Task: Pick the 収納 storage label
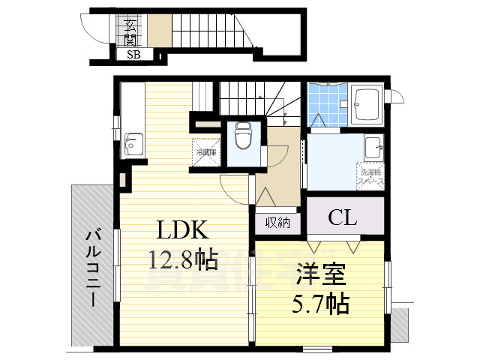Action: coord(277,222)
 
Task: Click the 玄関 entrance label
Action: coord(130,30)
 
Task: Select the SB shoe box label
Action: coord(133,55)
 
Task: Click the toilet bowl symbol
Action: coord(242,136)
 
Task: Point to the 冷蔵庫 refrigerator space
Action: coord(206,152)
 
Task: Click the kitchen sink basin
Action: coord(133,142)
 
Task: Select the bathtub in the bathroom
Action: coord(366,103)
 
